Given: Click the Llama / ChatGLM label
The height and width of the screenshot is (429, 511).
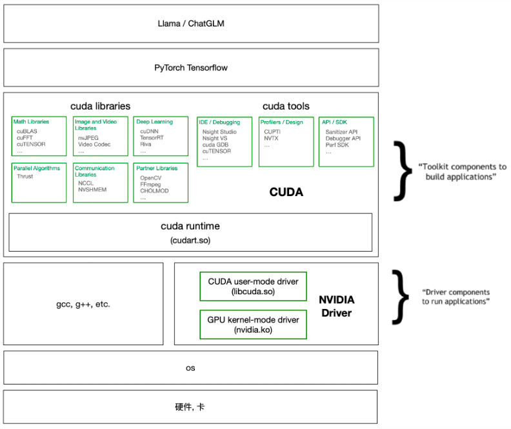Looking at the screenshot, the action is [x=191, y=23].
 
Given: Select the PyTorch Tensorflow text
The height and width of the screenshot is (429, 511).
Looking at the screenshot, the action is [x=191, y=68].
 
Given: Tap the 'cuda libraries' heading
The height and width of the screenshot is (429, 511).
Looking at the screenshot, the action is [x=101, y=106].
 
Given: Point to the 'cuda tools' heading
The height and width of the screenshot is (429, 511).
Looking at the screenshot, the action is [x=286, y=106].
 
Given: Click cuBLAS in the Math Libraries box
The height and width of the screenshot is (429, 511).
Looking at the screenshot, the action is [x=27, y=131].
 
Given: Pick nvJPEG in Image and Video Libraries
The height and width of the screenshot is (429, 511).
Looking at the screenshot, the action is [x=88, y=138].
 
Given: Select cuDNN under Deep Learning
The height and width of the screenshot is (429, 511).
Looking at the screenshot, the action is [x=149, y=131].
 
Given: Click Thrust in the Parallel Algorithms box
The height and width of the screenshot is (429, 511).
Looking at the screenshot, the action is [x=25, y=176].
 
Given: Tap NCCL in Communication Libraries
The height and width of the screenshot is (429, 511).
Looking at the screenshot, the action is [x=86, y=183].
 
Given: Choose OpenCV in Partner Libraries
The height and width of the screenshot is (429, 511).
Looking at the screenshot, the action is [x=150, y=178].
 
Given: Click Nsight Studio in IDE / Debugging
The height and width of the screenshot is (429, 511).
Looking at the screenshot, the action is [x=219, y=132].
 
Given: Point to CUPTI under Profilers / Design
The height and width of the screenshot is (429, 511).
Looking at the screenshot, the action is [x=272, y=132].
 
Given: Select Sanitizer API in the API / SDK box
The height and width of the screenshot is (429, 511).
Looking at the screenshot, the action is [x=341, y=132].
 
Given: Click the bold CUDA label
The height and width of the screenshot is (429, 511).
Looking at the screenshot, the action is [x=286, y=192].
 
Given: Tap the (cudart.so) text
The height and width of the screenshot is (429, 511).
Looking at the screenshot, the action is [x=190, y=241].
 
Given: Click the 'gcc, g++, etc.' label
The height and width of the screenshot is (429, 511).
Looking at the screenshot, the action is [x=83, y=304].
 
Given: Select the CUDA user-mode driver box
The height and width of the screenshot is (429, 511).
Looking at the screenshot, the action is [x=253, y=286].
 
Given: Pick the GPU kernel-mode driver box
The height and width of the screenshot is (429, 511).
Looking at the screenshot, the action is [x=253, y=324].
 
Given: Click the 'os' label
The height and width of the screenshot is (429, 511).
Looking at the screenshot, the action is [x=190, y=368].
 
